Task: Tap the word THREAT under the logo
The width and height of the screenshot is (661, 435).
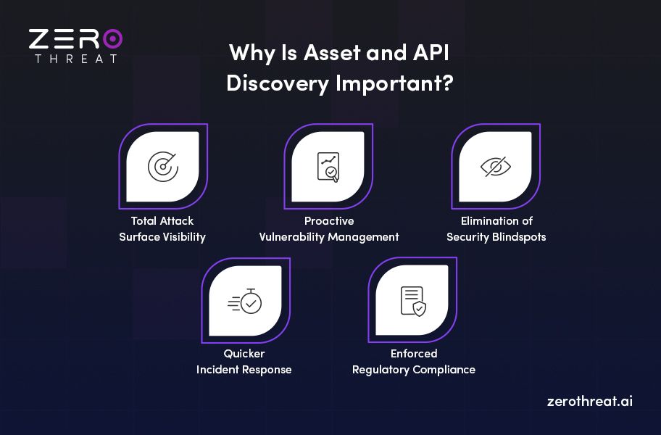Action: [75, 58]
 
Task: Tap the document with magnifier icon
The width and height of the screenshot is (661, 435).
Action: [328, 167]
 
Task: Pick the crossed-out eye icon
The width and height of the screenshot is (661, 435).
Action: [496, 167]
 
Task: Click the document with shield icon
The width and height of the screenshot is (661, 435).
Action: [412, 301]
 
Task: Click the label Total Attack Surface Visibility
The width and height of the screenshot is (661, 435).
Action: [162, 228]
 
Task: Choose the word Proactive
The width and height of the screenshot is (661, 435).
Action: [329, 221]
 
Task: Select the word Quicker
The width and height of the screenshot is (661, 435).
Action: [244, 354]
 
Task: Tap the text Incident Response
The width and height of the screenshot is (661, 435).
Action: [244, 370]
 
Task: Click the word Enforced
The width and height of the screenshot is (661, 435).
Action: [414, 354]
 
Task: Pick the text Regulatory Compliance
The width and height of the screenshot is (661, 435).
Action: [414, 370]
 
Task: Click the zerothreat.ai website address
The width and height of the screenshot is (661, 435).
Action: [590, 401]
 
